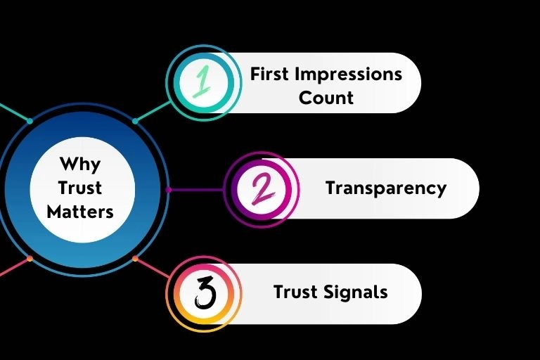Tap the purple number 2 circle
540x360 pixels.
(x=261, y=188)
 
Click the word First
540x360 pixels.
(x=270, y=74)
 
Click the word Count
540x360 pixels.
(x=326, y=97)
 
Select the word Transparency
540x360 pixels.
(x=385, y=188)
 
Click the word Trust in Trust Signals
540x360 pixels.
(x=295, y=292)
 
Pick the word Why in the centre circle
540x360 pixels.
(x=80, y=165)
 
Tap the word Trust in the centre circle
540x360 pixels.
(x=80, y=188)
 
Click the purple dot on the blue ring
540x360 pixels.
(x=168, y=189)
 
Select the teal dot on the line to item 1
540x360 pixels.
(x=135, y=121)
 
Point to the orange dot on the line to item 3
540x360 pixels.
(x=135, y=258)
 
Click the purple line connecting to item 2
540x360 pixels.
(x=197, y=189)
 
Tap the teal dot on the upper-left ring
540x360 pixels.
(x=30, y=121)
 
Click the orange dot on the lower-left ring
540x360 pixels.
(x=30, y=258)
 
